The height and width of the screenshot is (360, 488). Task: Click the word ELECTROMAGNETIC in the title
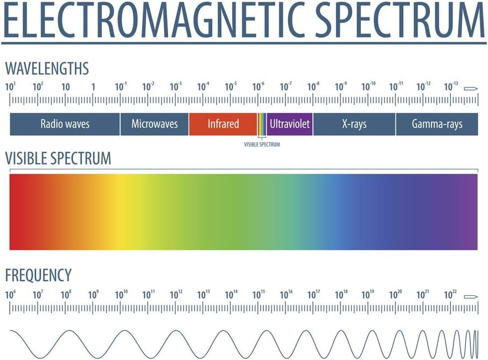(x=156, y=20)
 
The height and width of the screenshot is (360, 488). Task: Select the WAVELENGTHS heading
(x=47, y=69)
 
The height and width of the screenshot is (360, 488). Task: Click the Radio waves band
(x=65, y=124)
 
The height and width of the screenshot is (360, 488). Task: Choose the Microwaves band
(x=155, y=124)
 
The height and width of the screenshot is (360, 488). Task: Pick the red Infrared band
(x=223, y=124)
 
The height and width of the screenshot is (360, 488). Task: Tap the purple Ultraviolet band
(x=290, y=124)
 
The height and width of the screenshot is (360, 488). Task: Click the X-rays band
(x=354, y=124)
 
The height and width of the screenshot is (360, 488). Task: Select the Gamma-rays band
(x=437, y=124)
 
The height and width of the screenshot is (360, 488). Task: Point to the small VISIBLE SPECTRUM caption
(x=262, y=144)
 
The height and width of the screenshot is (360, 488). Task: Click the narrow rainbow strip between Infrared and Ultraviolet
(x=262, y=124)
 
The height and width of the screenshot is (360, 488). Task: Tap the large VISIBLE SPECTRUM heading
(x=58, y=158)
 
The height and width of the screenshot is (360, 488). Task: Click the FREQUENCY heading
(x=38, y=275)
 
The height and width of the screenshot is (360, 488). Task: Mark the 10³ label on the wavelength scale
(x=10, y=86)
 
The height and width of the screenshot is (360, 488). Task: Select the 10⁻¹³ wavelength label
(x=451, y=86)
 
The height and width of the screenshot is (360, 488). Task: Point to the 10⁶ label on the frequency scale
(x=10, y=295)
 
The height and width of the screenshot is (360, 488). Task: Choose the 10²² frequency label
(x=451, y=295)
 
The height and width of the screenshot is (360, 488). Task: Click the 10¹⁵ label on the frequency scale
(x=259, y=295)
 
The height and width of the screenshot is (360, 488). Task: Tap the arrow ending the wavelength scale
(x=471, y=87)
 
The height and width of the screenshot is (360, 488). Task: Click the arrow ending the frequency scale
(x=471, y=296)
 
